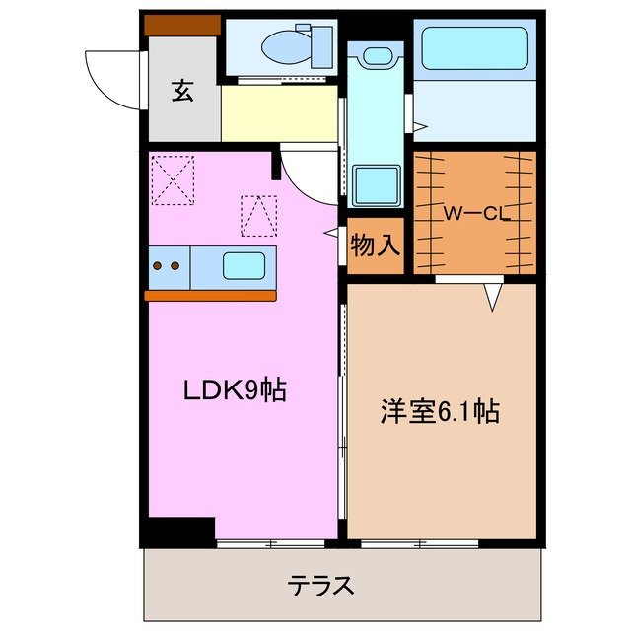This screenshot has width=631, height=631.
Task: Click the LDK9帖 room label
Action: [x=235, y=390]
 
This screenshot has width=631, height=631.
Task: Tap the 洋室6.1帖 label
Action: [x=440, y=412]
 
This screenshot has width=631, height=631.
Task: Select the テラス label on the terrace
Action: [x=321, y=585]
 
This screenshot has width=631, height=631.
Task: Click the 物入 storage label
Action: [x=376, y=245]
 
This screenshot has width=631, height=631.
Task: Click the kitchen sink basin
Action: [x=243, y=266]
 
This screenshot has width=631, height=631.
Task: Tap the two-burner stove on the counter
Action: [x=168, y=265]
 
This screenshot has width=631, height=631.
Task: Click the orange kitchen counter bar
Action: [x=210, y=295]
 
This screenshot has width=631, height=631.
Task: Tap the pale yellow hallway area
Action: [x=279, y=114]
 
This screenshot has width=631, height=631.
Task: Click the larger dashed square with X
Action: [x=173, y=179]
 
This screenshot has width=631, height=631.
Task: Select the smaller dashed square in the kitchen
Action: [x=258, y=215]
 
